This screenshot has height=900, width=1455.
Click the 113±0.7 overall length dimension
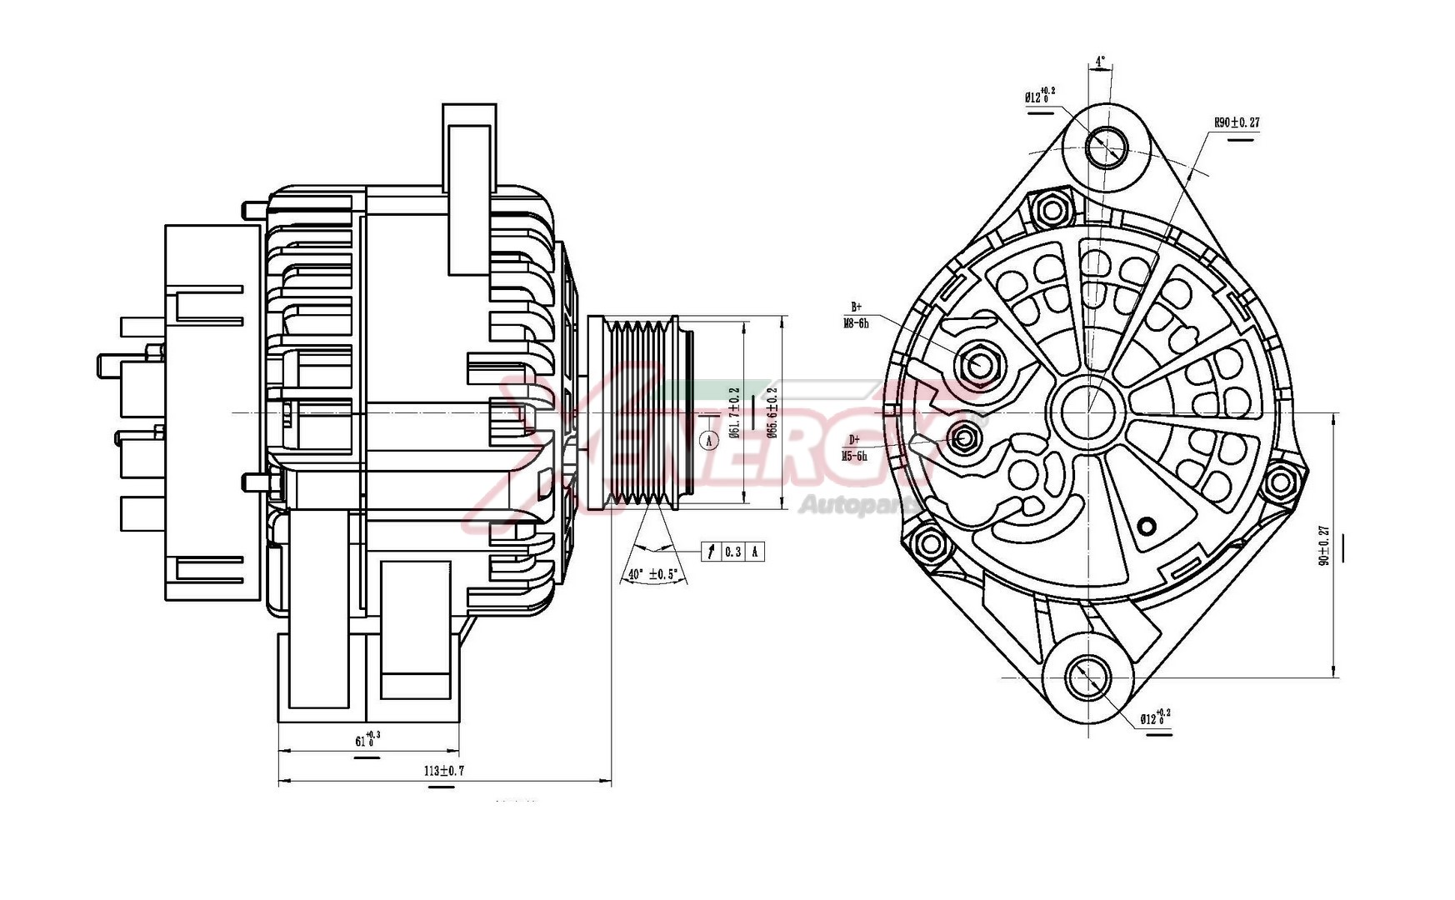coord(443,771)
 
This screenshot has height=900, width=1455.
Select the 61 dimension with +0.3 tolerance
coord(367,740)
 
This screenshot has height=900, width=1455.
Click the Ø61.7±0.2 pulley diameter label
coord(734,412)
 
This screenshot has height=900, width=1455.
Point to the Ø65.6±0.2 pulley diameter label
coord(772,412)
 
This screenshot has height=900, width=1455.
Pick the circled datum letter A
coord(709,439)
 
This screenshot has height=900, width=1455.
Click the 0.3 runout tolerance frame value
coord(732,552)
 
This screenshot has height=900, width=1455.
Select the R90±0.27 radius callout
coord(1236,122)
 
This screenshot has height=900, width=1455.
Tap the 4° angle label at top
coord(1100,62)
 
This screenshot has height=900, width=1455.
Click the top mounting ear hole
coord(1107,147)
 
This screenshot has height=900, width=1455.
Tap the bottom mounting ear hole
coord(1088,677)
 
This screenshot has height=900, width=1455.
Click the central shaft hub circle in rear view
coord(1088,410)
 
